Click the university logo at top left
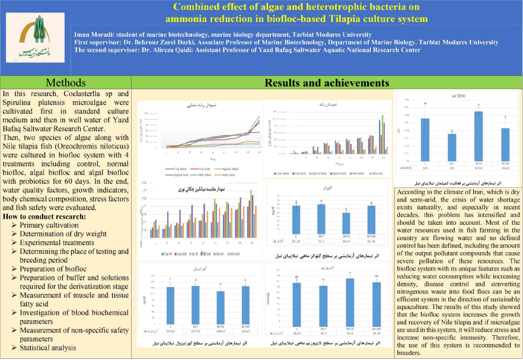coord(33,38)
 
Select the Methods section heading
coord(65,82)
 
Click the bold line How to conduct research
coord(44,216)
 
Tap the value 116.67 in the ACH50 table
coord(506,168)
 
